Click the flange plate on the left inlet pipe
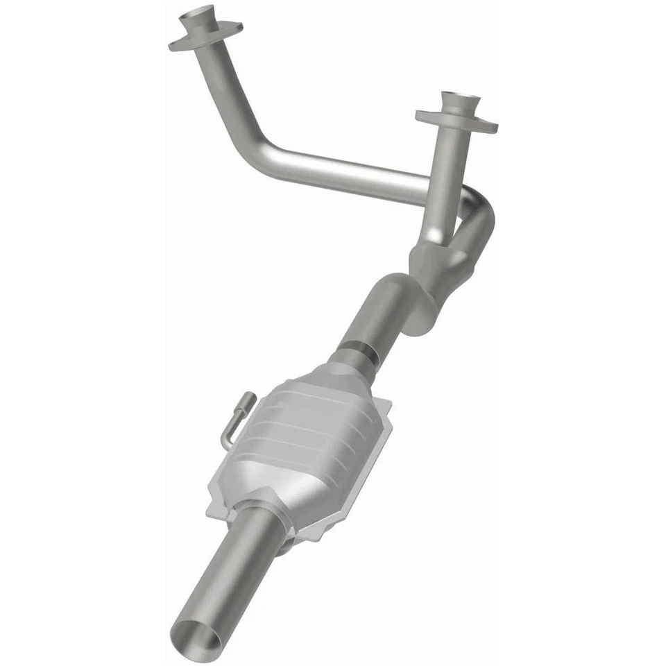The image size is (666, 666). [206, 35]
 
